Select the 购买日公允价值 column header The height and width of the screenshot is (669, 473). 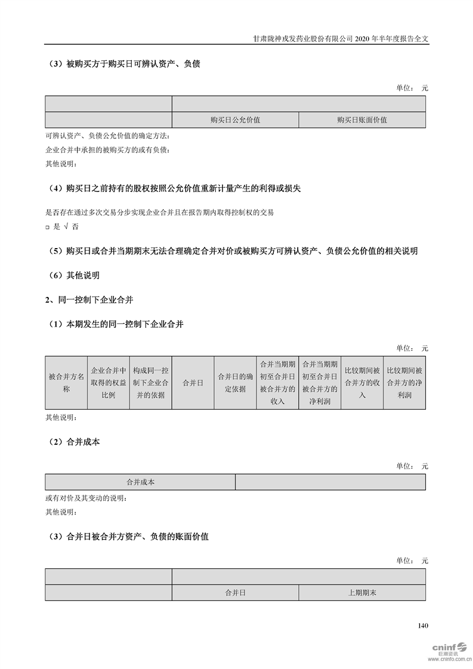235,120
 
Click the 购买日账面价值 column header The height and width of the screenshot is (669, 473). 362,120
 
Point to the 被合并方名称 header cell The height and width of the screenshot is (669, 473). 66,383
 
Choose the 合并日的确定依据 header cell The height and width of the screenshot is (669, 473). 235,383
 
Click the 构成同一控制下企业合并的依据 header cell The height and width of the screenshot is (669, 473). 150,383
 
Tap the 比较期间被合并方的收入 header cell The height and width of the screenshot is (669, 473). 362,383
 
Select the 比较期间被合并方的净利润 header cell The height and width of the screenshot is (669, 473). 404,383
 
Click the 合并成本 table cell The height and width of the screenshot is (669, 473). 140,482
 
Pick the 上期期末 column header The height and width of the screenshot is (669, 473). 362,593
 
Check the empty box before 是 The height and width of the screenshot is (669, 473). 48,227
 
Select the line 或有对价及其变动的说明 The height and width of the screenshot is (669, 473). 86,498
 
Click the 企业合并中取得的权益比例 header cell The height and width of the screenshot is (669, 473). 108,383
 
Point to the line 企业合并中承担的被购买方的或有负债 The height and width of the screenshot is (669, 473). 107,150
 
